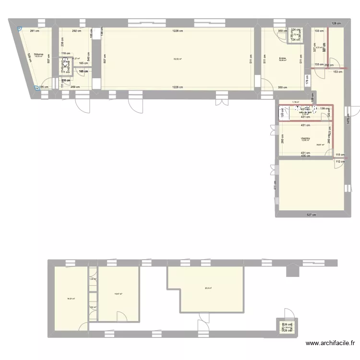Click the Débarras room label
[x=38, y=54]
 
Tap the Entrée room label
[x=282, y=58]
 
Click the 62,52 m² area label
[x=178, y=59]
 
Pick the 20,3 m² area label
[x=208, y=288]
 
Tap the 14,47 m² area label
[x=118, y=294]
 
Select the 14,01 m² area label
[x=71, y=299]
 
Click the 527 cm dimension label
[x=312, y=214]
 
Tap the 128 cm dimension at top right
[x=336, y=23]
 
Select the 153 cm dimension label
[x=337, y=72]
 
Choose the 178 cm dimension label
[x=307, y=82]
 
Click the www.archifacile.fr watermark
[x=331, y=343]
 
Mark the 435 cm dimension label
[x=306, y=156]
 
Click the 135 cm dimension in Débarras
[x=44, y=87]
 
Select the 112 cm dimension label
[x=339, y=161]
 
